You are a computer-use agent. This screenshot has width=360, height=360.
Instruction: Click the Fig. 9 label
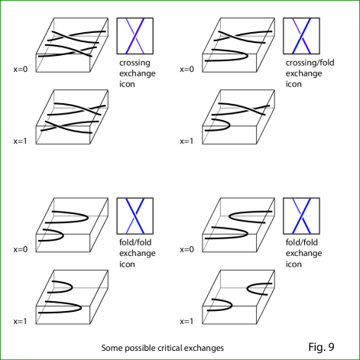point(321,347)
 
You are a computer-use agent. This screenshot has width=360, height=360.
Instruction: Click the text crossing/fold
point(310,63)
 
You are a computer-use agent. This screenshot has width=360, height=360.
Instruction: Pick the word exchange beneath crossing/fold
point(303,73)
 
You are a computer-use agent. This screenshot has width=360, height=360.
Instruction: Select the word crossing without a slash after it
point(135,63)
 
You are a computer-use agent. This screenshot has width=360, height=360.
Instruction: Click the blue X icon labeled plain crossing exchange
point(135,36)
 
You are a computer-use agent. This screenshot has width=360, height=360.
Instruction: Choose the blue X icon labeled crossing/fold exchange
point(301,36)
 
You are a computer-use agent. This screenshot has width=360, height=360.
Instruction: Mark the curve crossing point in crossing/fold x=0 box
point(232,36)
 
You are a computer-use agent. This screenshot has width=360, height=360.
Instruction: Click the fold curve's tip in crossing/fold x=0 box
point(247,55)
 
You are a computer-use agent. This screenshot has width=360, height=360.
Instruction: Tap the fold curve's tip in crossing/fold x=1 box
point(229,125)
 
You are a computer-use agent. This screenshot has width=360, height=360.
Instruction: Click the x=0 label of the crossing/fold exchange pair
point(186,70)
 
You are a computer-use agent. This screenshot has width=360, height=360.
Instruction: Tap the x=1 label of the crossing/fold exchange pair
point(186,141)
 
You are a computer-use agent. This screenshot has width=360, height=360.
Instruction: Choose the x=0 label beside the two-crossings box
point(21,70)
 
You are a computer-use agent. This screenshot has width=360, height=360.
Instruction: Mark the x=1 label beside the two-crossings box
point(20,141)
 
